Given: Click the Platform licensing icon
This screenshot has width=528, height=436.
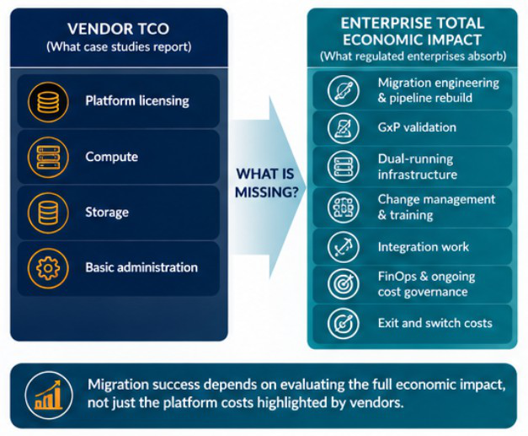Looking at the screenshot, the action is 48,102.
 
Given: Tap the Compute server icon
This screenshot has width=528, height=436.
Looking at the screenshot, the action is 48,158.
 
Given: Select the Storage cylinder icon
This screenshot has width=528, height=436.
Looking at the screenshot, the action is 48,213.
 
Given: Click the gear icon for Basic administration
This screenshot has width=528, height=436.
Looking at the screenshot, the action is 48,268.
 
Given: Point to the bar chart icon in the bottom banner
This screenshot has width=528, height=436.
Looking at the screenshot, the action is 49,395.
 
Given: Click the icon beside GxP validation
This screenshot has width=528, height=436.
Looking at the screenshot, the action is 343,128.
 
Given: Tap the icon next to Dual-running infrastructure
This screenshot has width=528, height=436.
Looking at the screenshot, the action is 343,167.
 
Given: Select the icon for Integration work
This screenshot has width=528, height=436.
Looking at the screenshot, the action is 343,247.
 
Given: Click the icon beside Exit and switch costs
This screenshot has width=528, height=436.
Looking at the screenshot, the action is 343,324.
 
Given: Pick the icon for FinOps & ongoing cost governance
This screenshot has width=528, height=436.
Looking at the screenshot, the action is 343,284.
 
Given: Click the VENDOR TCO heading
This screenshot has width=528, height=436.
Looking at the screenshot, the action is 118,29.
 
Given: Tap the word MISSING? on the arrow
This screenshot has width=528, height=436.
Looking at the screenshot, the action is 266,192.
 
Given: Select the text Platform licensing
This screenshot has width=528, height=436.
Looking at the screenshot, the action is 137,101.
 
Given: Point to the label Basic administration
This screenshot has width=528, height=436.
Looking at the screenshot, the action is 141,267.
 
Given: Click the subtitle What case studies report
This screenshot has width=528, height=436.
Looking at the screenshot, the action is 119,46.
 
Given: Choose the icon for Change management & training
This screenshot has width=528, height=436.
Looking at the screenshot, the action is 343,207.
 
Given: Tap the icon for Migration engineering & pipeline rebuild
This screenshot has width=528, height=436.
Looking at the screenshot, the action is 343,91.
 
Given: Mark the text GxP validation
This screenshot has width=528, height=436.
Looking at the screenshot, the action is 417,127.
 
